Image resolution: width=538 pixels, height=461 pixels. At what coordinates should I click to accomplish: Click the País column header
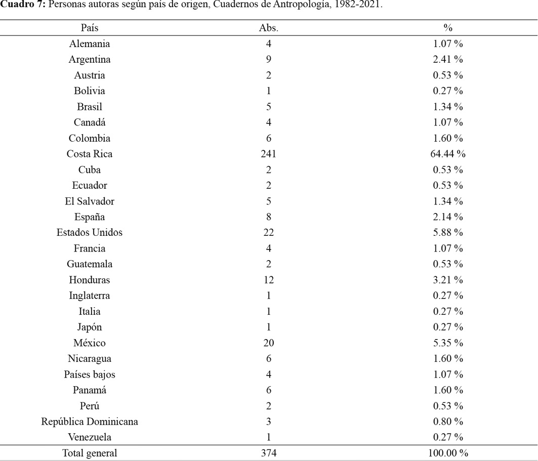click(x=90, y=28)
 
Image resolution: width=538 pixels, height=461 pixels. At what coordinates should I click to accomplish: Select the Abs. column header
click(x=269, y=28)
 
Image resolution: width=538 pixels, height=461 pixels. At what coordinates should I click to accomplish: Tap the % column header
click(x=448, y=28)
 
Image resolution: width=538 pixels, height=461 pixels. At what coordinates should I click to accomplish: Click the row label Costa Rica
click(x=90, y=154)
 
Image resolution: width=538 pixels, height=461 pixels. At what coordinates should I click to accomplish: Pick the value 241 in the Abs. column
click(x=269, y=154)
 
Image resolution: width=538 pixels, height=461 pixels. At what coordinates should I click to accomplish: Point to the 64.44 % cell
click(x=448, y=154)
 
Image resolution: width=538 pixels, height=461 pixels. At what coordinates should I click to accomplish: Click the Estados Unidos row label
click(x=90, y=233)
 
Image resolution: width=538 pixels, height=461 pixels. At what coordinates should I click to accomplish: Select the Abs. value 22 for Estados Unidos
click(x=269, y=233)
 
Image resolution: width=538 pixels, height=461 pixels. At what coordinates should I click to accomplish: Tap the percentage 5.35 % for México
click(x=448, y=343)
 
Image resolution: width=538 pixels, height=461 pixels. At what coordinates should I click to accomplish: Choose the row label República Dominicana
click(x=90, y=421)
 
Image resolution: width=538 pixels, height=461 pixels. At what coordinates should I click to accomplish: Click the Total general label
click(x=90, y=453)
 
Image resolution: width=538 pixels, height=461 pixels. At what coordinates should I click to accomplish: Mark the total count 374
click(x=269, y=453)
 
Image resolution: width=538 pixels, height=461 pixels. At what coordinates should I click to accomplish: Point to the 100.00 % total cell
click(x=448, y=453)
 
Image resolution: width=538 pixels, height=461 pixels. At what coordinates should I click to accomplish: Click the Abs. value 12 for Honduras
click(x=269, y=280)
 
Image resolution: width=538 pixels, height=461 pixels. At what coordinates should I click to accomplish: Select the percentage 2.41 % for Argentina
click(x=448, y=59)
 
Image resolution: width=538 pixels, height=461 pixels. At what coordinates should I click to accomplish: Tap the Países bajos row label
click(x=90, y=374)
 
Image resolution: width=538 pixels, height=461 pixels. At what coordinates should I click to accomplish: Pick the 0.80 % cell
click(x=448, y=421)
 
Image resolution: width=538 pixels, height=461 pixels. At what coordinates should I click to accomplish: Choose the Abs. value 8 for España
click(x=269, y=217)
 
